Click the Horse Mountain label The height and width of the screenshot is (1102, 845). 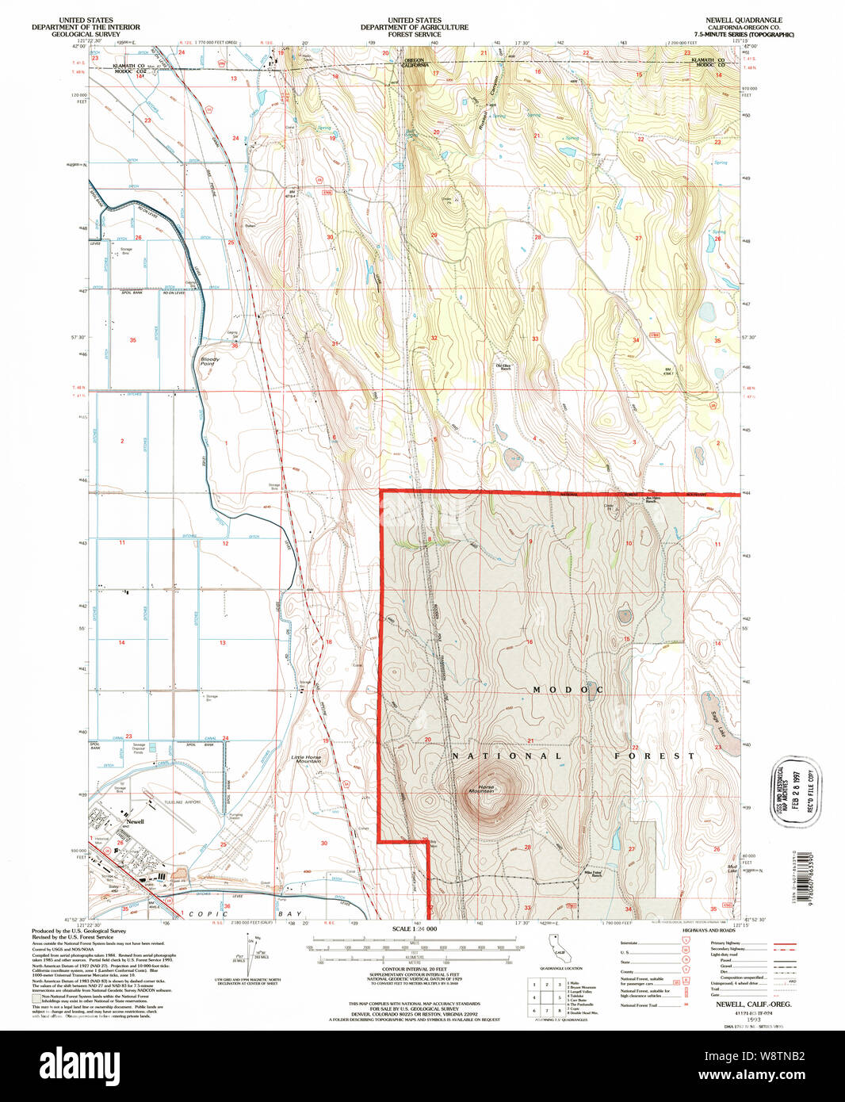[x=481, y=789]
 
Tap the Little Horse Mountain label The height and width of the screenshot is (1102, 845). [x=307, y=760]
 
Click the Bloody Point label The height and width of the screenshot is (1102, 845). [x=209, y=362]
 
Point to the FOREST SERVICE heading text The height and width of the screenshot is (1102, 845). [x=415, y=35]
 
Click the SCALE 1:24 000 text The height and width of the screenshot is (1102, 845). [x=415, y=928]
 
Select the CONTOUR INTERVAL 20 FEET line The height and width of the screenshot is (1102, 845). [x=414, y=969]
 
